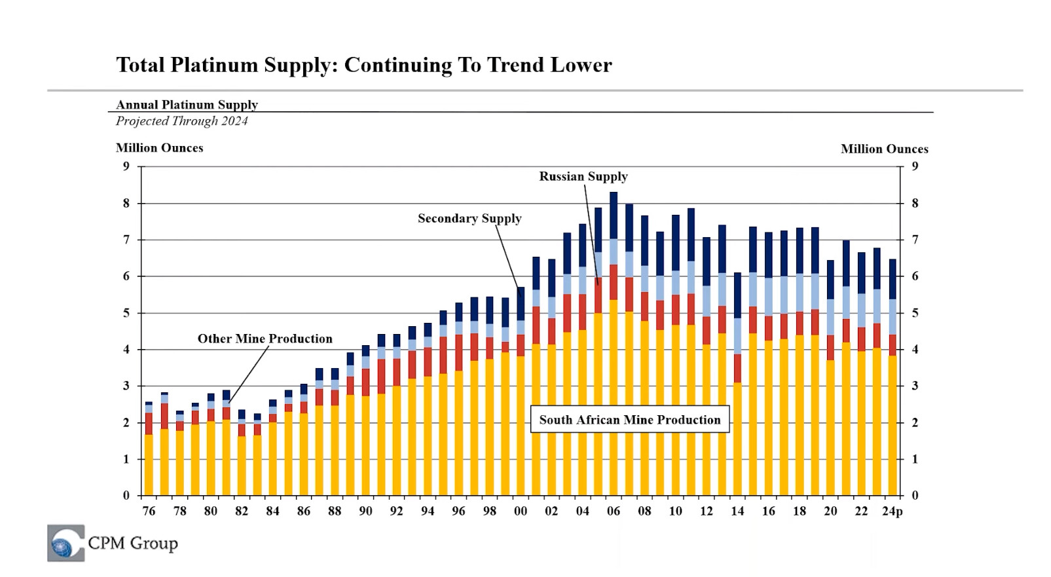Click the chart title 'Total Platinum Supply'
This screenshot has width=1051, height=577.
tap(363, 65)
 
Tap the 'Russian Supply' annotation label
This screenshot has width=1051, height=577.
tap(583, 176)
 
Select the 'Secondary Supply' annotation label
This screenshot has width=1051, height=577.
tap(470, 218)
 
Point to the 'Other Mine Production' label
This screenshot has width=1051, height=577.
tap(265, 339)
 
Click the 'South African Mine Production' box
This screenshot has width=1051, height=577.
tap(629, 420)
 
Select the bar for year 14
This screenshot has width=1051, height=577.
tap(737, 393)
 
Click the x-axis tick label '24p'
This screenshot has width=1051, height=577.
tap(892, 512)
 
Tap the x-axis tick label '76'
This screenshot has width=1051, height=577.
tap(149, 512)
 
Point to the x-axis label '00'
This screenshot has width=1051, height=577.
tap(521, 512)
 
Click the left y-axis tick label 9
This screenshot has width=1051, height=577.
tap(126, 166)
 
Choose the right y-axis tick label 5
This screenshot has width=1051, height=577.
tap(915, 313)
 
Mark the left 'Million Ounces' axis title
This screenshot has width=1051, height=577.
tap(159, 148)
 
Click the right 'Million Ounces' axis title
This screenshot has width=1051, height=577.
tap(884, 149)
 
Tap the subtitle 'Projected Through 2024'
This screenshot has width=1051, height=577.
tap(181, 121)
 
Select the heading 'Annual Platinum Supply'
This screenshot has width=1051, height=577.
tap(187, 105)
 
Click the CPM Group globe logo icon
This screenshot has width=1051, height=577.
tap(65, 543)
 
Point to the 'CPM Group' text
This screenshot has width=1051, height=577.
tap(133, 543)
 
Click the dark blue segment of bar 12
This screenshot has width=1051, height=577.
tap(707, 261)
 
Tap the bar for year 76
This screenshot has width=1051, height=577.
tap(149, 452)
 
